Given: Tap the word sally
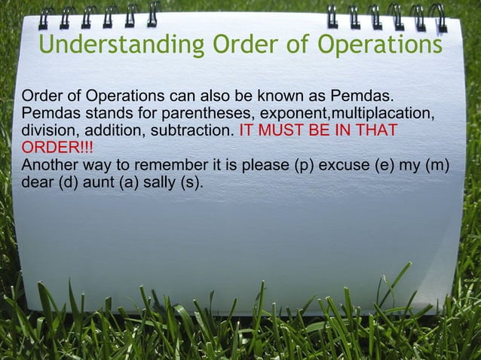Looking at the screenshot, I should [x=155, y=181].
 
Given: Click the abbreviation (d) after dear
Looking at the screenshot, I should [x=67, y=181].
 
